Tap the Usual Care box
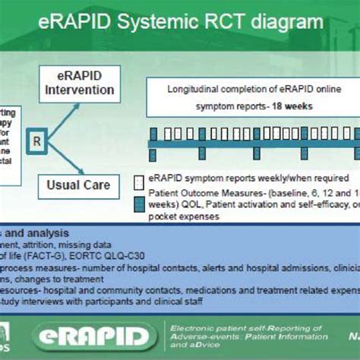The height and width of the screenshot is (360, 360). pos(79,185)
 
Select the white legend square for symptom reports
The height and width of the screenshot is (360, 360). pos(139,183)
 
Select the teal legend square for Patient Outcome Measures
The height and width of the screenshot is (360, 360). pos(139,203)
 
